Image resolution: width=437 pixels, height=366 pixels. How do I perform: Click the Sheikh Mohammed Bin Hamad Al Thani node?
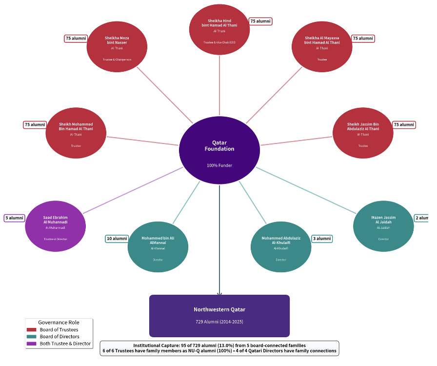click(x=76, y=133)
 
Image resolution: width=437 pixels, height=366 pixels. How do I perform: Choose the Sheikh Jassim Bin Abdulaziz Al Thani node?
click(x=363, y=133)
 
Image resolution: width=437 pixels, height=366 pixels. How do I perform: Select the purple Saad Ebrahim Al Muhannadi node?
click(x=55, y=226)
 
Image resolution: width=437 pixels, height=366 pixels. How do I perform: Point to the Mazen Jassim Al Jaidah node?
click(x=383, y=226)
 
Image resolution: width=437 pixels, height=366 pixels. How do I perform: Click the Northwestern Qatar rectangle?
click(x=219, y=316)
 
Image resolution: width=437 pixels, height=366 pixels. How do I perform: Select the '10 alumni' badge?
click(x=117, y=239)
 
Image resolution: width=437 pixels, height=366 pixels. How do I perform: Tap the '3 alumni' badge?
click(x=322, y=239)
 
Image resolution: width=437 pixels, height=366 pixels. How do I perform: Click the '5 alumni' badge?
click(x=14, y=218)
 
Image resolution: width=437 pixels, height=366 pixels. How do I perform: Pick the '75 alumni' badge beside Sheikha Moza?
click(x=76, y=39)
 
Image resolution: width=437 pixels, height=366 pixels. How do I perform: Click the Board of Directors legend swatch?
click(x=31, y=337)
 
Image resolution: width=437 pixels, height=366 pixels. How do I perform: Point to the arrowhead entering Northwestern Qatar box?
click(x=219, y=293)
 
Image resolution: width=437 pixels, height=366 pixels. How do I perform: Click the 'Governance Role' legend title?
click(x=59, y=323)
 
